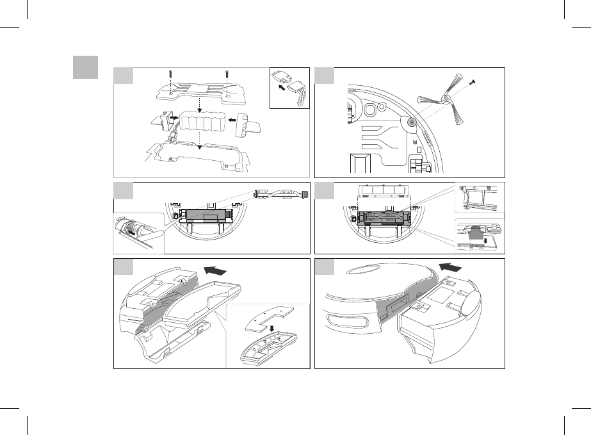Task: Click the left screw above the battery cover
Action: tap(170, 75)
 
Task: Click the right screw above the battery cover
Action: tap(227, 75)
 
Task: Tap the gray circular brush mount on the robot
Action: tap(411, 121)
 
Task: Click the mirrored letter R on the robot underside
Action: tap(414, 138)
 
